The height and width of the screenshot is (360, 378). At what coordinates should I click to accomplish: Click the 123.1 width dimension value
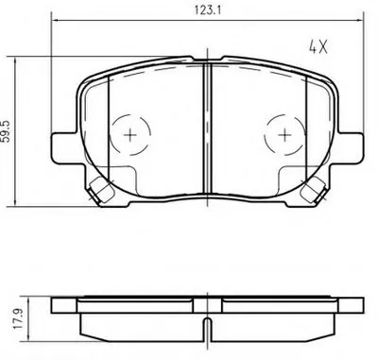[x=207, y=10]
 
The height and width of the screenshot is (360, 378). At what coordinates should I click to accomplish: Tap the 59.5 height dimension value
[x=8, y=131]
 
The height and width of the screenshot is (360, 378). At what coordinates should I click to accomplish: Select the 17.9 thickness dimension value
[x=18, y=318]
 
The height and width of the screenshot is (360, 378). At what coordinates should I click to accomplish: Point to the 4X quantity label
[x=318, y=47]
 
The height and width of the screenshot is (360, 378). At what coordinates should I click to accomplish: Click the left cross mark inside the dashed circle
[x=129, y=135]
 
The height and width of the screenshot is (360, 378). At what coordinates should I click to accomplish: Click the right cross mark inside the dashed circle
[x=284, y=135]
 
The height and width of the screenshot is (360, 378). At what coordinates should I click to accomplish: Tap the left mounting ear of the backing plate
[x=64, y=148]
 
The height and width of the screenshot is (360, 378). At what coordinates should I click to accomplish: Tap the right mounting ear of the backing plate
[x=351, y=148]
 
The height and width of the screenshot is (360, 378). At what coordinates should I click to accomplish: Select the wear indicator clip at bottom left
[x=100, y=190]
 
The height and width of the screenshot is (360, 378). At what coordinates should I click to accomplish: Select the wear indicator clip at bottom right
[x=313, y=190]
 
